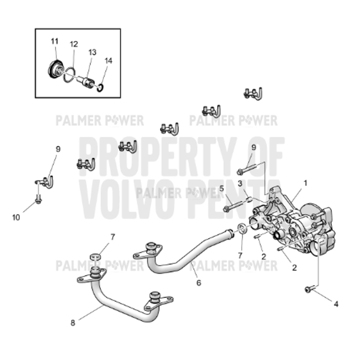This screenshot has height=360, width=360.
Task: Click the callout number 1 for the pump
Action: click(x=305, y=181)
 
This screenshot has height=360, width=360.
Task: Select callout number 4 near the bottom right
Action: click(x=336, y=304)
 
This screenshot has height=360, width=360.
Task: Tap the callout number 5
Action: click(x=221, y=188)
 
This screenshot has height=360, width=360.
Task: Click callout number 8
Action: click(x=73, y=323)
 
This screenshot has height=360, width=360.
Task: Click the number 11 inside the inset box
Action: click(x=55, y=41)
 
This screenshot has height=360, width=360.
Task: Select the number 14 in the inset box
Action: click(x=108, y=60)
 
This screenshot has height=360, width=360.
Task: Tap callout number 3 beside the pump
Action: click(x=239, y=183)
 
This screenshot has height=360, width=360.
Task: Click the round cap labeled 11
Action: click(x=56, y=68)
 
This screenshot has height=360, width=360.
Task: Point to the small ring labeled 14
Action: click(x=100, y=88)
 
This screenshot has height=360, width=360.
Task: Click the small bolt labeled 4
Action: click(x=309, y=290)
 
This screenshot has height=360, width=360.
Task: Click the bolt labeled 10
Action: click(x=38, y=199)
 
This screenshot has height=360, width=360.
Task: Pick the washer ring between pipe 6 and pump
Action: click(x=240, y=229)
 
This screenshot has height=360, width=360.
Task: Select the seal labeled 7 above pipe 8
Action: click(x=94, y=258)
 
